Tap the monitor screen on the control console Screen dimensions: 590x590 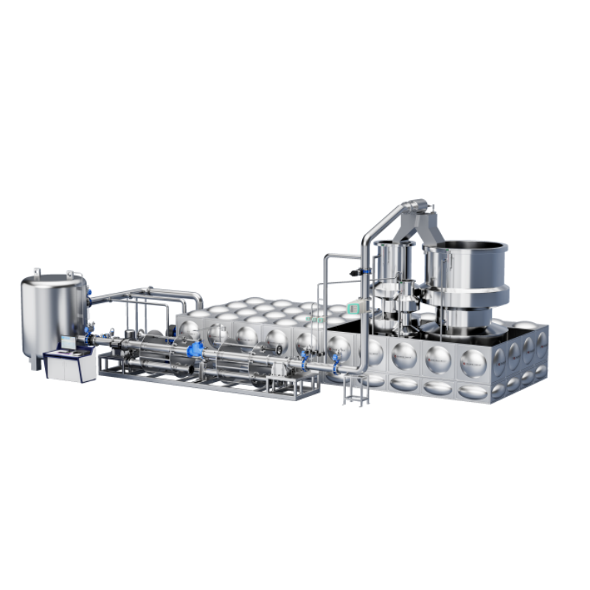coord(69,342)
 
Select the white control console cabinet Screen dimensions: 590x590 coord(71,366)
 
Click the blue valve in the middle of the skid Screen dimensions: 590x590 coord(195,350)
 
